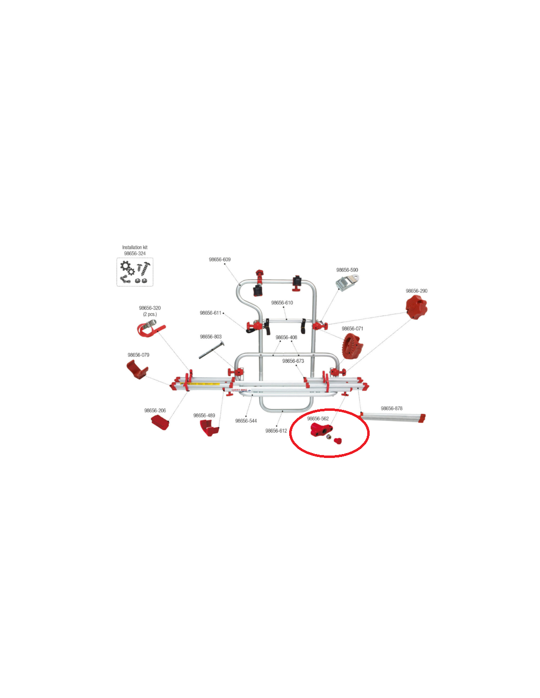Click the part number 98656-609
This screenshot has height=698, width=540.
pyautogui.click(x=220, y=260)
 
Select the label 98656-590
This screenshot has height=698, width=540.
pyautogui.click(x=347, y=270)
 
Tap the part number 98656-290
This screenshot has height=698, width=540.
pyautogui.click(x=416, y=291)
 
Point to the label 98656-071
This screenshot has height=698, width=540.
pyautogui.click(x=352, y=328)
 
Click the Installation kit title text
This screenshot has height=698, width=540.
pyautogui.click(x=135, y=247)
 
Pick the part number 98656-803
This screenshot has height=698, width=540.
pyautogui.click(x=211, y=337)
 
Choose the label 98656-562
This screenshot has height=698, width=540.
pyautogui.click(x=318, y=419)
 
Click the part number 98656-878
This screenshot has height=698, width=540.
pyautogui.click(x=392, y=408)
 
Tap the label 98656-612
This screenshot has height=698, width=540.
pyautogui.click(x=276, y=431)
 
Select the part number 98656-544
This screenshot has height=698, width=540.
pyautogui.click(x=246, y=421)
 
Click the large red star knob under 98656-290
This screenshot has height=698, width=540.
pyautogui.click(x=416, y=307)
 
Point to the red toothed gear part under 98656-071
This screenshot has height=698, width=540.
pyautogui.click(x=352, y=346)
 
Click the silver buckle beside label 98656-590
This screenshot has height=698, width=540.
pyautogui.click(x=347, y=282)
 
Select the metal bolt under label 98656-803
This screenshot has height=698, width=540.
pyautogui.click(x=212, y=350)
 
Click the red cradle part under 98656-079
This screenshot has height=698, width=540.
pyautogui.click(x=137, y=370)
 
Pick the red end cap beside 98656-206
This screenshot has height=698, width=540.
pyautogui.click(x=160, y=423)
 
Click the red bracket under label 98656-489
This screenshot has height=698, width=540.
pyautogui.click(x=209, y=428)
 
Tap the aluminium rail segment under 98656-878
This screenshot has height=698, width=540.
pyautogui.click(x=393, y=417)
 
